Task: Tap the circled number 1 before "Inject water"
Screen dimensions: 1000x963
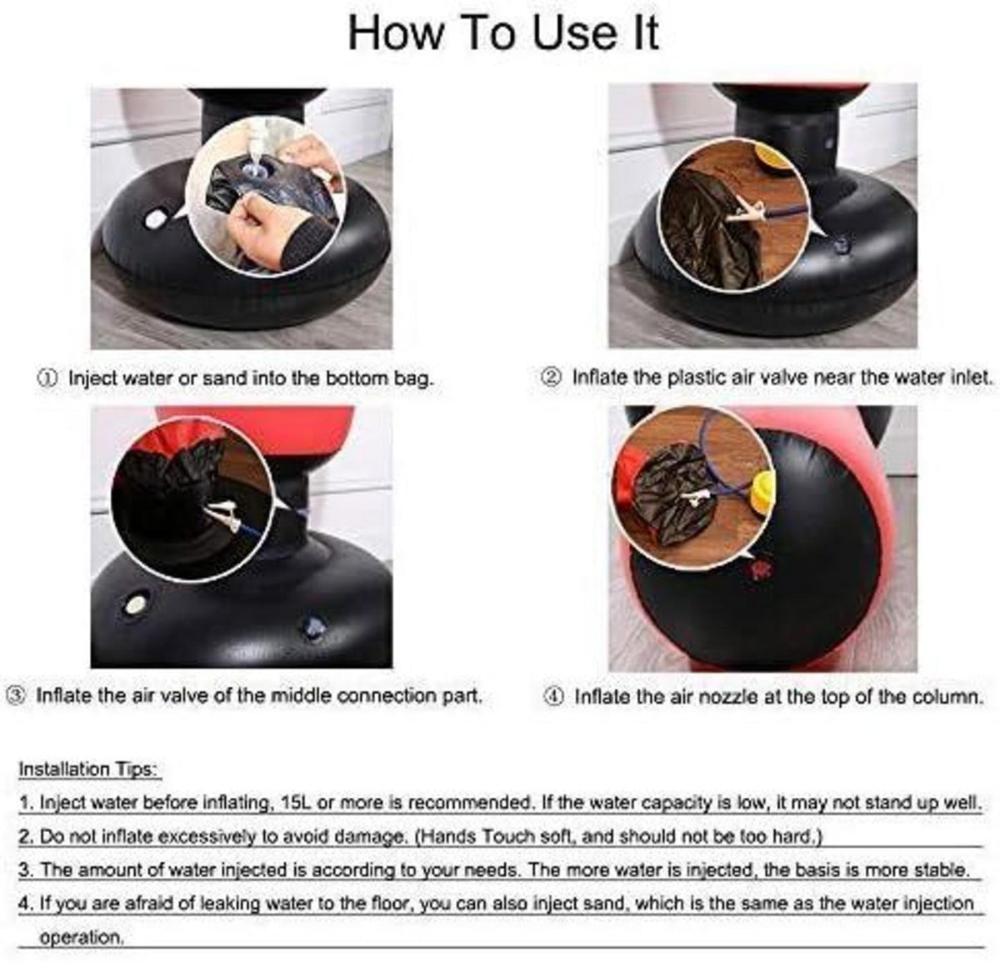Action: pyautogui.click(x=47, y=379)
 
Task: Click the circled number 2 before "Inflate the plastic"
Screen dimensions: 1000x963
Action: pyautogui.click(x=551, y=378)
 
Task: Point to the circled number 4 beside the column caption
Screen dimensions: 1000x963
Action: pyautogui.click(x=554, y=697)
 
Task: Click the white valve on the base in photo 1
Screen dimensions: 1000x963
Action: pyautogui.click(x=155, y=219)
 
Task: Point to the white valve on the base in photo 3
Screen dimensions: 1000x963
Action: pyautogui.click(x=136, y=603)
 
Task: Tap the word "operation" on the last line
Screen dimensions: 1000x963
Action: pyautogui.click(x=81, y=937)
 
